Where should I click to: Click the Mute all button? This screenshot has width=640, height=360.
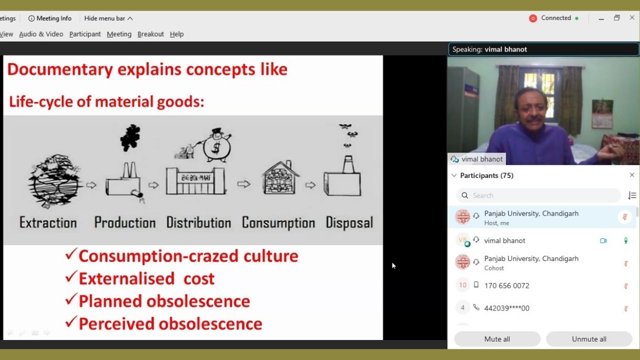coord(497,339)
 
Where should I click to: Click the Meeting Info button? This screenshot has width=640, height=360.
coord(50,18)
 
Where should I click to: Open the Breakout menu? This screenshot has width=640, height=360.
coord(150,34)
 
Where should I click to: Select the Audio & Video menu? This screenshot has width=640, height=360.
coord(41,34)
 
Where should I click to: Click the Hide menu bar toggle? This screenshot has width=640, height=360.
coord(108,18)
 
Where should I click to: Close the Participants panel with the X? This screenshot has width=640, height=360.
coord(632,175)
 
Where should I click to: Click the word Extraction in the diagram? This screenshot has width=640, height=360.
coord(48,222)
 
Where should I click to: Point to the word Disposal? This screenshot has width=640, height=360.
coord(349,222)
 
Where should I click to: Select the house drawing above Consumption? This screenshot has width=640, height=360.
coord(280,177)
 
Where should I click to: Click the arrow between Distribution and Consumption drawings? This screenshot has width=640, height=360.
coord(243,184)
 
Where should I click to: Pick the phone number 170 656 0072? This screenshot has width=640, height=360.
coord(506,285)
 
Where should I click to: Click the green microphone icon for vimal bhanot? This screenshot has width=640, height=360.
coord(625,240)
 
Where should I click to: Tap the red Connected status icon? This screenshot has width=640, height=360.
coord(533,18)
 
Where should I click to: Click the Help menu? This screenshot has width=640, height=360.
coord(176,34)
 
